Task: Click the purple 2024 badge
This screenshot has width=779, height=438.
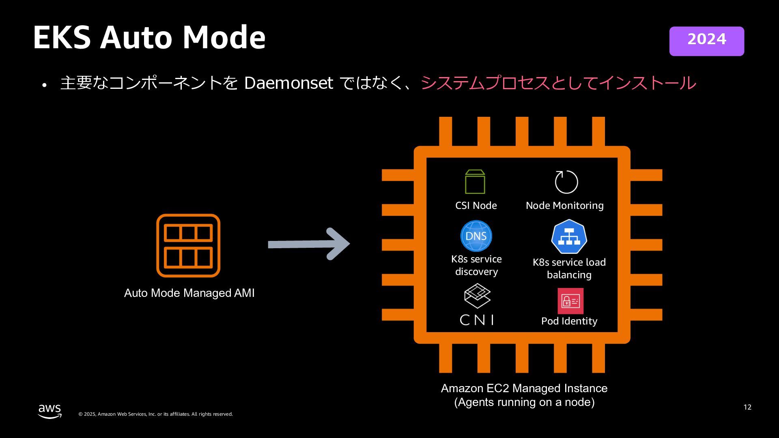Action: pos(706,41)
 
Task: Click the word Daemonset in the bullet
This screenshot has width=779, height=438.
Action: pos(288,83)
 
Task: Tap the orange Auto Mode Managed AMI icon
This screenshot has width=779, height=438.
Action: pos(188,245)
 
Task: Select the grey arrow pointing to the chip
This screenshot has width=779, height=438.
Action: pos(308,244)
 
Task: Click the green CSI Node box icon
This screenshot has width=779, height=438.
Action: pos(475,182)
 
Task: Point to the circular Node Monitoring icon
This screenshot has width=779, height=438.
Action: pos(566,182)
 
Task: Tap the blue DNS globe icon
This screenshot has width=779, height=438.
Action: pos(476,236)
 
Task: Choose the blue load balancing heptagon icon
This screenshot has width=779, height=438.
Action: pos(569,237)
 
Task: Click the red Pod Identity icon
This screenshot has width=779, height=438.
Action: pos(570,301)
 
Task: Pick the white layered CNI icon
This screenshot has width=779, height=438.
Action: pos(477,296)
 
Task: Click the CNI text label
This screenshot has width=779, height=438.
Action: pos(477,320)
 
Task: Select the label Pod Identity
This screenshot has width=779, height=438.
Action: pos(569,321)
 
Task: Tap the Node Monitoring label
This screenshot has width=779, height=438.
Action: pos(564,206)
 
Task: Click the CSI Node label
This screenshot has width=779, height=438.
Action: pos(476,206)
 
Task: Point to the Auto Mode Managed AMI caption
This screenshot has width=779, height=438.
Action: pos(189,293)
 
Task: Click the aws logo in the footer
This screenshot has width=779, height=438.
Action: pos(50,411)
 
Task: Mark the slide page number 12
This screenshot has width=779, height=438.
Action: pos(747,407)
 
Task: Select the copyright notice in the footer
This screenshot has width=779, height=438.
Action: pos(155,414)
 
